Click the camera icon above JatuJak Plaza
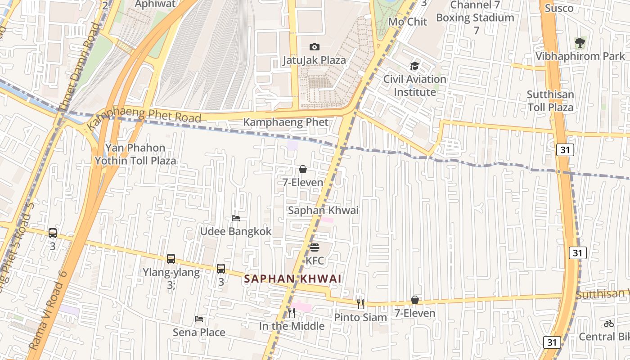(x=315, y=47)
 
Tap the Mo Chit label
(x=408, y=22)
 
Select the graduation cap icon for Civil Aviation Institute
(x=414, y=66)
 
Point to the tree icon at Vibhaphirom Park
(x=580, y=43)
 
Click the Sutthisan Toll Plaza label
(x=550, y=101)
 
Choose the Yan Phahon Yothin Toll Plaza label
(x=135, y=154)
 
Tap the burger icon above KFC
(x=315, y=247)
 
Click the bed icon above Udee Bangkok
(x=236, y=218)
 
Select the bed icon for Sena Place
(x=199, y=319)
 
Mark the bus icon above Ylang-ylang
(x=171, y=259)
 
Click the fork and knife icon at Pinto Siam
(x=360, y=304)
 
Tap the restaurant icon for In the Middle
(x=292, y=312)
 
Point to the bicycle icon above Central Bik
(x=609, y=324)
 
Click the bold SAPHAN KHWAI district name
(x=292, y=279)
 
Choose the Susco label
(x=559, y=8)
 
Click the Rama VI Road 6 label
(x=48, y=310)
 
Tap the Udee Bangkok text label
(x=236, y=231)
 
